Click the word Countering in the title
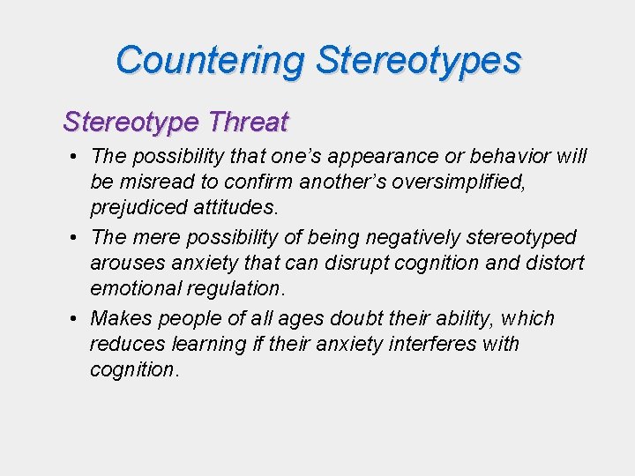pos(210,61)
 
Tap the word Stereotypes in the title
pos(418,61)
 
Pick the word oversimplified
pos(505,182)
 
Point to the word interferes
pos(426,344)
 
